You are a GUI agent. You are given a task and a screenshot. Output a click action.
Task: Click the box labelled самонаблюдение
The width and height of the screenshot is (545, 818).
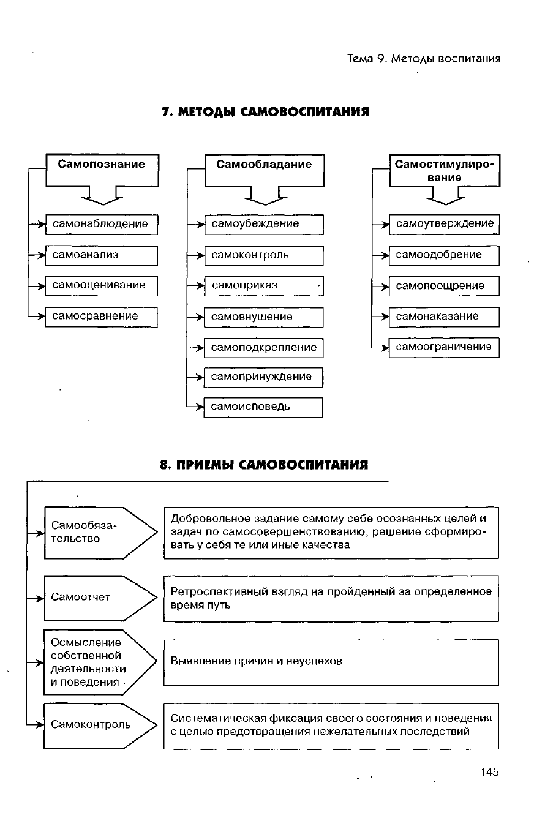tap(102, 224)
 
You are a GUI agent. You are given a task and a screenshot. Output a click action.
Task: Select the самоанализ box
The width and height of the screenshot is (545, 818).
tap(102, 255)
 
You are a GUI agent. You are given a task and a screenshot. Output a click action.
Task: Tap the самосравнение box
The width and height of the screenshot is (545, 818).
tap(102, 317)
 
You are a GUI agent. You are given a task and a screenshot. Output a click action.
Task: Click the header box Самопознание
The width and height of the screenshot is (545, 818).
tap(102, 170)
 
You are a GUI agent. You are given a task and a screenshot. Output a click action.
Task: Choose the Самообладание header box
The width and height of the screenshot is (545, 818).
tap(265, 170)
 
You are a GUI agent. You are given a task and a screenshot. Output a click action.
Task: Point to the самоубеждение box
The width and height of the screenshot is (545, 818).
tap(263, 224)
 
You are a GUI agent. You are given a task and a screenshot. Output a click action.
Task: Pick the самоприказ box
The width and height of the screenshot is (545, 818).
tap(263, 286)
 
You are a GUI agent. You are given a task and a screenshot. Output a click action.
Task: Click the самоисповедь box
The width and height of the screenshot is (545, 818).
tap(263, 407)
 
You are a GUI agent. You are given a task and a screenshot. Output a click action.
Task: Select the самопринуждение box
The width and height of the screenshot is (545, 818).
tap(263, 377)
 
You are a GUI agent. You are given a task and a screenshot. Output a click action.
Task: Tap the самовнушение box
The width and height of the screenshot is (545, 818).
tap(263, 317)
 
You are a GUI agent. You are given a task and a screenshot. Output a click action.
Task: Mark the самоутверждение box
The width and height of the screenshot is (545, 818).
tap(445, 224)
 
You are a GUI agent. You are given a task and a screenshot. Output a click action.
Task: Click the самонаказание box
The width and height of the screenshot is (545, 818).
tap(445, 317)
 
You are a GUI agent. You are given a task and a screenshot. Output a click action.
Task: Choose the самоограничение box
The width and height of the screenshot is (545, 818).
tap(445, 347)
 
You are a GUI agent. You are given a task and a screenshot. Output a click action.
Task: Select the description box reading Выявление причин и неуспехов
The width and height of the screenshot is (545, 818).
tap(331, 662)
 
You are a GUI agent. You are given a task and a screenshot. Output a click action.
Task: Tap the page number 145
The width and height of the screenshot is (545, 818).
tap(490, 772)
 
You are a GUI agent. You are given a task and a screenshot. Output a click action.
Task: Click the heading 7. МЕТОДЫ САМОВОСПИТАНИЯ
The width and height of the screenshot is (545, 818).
tap(266, 112)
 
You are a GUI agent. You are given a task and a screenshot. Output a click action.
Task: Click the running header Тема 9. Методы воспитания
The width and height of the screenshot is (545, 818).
tap(424, 59)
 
